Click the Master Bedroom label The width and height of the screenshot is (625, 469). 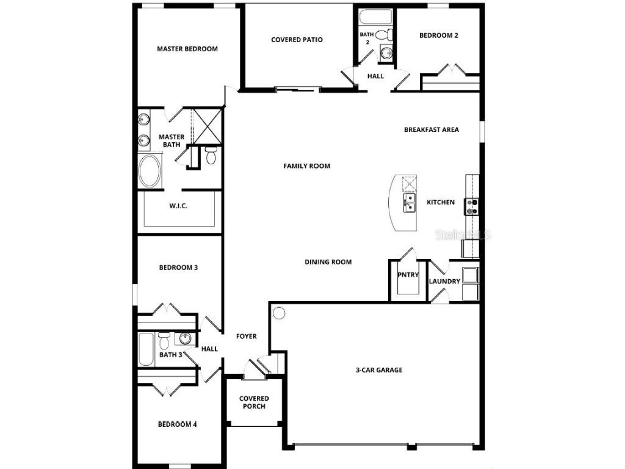pyautogui.click(x=187, y=49)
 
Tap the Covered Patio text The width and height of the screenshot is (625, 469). pyautogui.click(x=297, y=40)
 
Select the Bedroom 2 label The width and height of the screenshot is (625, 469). pyautogui.click(x=438, y=35)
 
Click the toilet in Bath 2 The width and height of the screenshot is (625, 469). pyautogui.click(x=383, y=35)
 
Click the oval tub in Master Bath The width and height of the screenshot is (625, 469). pyautogui.click(x=150, y=172)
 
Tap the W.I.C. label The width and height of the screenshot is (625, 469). pyautogui.click(x=178, y=206)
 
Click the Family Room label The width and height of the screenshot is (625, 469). pyautogui.click(x=306, y=165)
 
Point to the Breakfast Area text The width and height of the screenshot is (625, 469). pyautogui.click(x=431, y=129)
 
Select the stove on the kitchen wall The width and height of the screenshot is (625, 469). pyautogui.click(x=472, y=207)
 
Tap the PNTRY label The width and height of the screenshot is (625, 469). pyautogui.click(x=408, y=275)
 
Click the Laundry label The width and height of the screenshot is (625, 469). pyautogui.click(x=444, y=282)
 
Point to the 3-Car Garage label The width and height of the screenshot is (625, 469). pyautogui.click(x=379, y=369)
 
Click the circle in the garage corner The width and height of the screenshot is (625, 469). pyautogui.click(x=279, y=313)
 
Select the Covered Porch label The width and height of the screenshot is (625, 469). pyautogui.click(x=254, y=402)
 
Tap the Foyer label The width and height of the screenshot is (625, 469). pyautogui.click(x=247, y=336)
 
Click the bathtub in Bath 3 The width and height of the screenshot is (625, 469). pyautogui.click(x=146, y=349)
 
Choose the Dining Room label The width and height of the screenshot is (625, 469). pyautogui.click(x=328, y=262)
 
